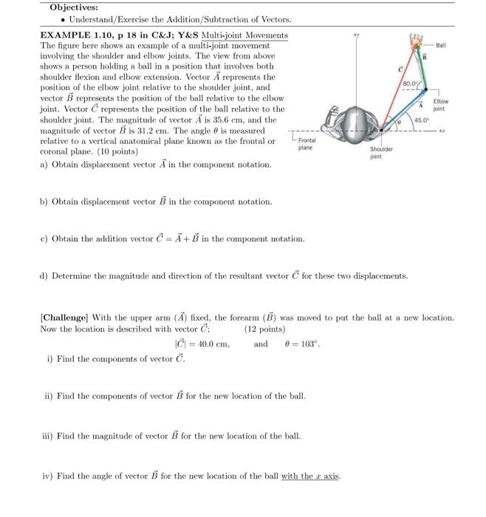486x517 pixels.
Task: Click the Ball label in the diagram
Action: (441, 45)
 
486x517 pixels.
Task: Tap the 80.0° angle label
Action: (408, 84)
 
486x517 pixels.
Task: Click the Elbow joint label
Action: (441, 105)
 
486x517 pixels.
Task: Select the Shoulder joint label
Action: (381, 152)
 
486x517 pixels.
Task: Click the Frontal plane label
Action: (307, 143)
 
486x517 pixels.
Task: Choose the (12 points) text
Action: (264, 329)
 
